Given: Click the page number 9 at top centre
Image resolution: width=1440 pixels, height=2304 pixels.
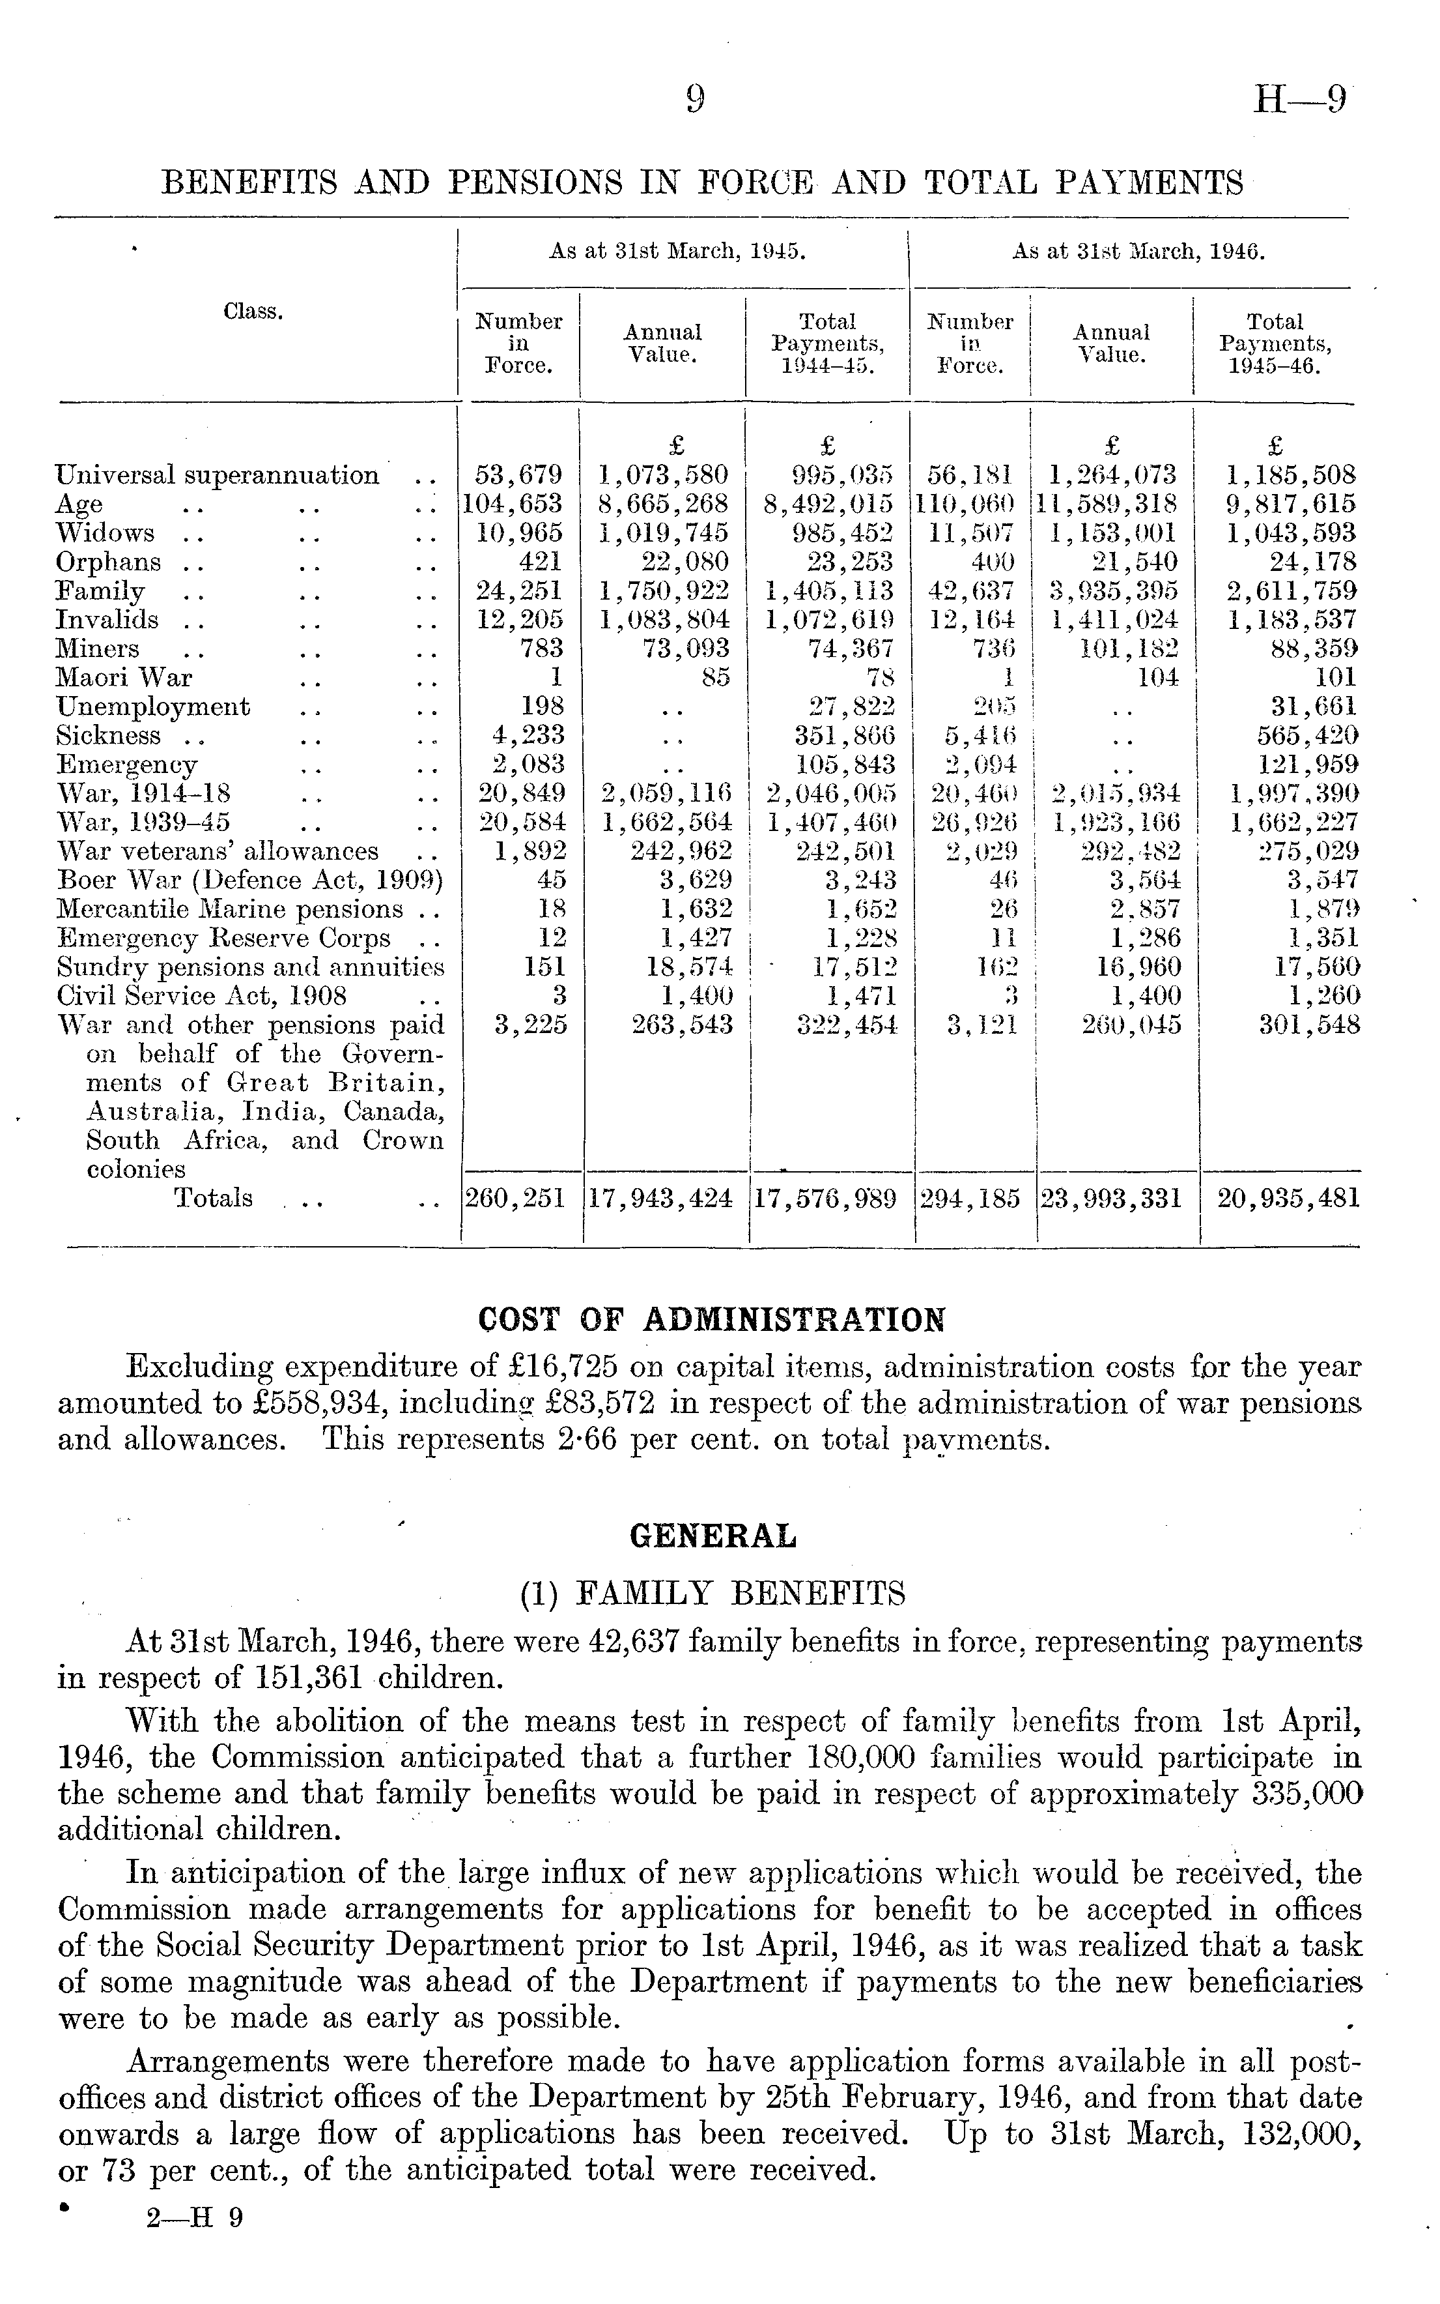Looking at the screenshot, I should [x=695, y=99].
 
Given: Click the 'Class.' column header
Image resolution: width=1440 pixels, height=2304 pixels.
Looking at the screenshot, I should [x=253, y=312].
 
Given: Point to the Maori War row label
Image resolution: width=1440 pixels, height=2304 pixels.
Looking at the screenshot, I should [x=124, y=677].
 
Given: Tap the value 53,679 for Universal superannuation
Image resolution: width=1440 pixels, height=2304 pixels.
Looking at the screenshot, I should [x=519, y=474].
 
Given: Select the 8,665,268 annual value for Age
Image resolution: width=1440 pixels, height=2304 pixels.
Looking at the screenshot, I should [x=664, y=504].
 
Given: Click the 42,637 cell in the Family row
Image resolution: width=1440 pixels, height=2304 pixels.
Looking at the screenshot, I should [x=970, y=591].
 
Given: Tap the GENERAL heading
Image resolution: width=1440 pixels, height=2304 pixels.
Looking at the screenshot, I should [x=713, y=1536].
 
